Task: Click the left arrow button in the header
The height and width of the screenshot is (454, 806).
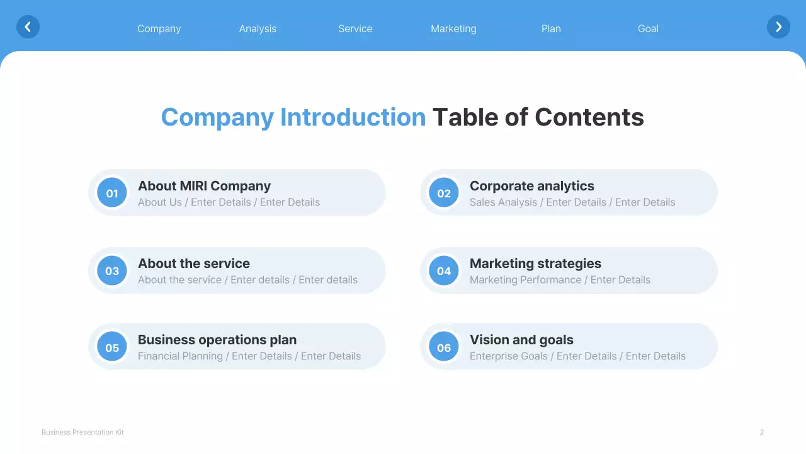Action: [x=28, y=27]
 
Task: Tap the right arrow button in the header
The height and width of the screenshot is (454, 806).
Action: [x=778, y=27]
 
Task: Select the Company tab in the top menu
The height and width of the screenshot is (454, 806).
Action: [x=159, y=29]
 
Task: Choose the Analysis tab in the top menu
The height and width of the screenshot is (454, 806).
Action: [x=258, y=29]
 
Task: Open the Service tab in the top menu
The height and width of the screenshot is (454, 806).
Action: [x=355, y=29]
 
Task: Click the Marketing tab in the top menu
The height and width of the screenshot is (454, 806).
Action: [x=453, y=29]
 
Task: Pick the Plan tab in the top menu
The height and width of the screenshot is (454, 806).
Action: [x=551, y=29]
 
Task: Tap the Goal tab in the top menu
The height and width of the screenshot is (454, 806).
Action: [x=648, y=29]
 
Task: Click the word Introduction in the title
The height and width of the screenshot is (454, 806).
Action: [x=353, y=118]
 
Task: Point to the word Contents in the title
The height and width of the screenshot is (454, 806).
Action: [x=589, y=118]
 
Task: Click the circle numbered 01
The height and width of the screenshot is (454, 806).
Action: [x=112, y=193]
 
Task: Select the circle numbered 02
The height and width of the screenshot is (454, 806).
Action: [x=444, y=193]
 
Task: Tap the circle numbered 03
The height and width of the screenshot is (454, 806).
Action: [x=112, y=271]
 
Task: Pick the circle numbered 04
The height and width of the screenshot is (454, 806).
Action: [x=444, y=271]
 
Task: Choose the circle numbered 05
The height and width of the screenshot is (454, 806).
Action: [x=112, y=347]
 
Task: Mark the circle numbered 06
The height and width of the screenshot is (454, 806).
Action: [x=444, y=347]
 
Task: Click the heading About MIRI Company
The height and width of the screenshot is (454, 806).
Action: [x=204, y=186]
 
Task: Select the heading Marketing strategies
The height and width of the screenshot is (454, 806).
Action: [x=535, y=264]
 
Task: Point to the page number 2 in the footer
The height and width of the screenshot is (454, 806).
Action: [x=762, y=433]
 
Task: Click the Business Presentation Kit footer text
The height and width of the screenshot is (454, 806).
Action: [x=82, y=433]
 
